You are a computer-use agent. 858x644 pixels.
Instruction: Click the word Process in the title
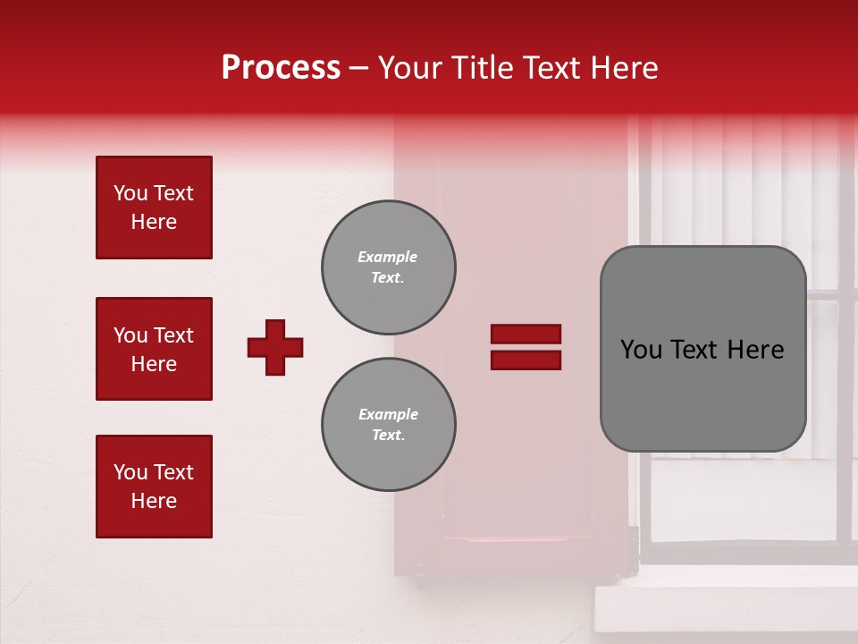[x=281, y=68]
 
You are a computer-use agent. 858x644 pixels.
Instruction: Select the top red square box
[x=154, y=208]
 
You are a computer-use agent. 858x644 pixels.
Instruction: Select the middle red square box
[x=154, y=349]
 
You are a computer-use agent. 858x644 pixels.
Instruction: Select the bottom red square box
[x=154, y=487]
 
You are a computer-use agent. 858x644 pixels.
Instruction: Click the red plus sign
[x=275, y=347]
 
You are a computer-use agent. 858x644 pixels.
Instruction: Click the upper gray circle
[x=389, y=267]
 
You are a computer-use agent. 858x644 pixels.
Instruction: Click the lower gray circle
[x=389, y=425]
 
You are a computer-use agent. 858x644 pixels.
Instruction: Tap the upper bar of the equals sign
[x=526, y=335]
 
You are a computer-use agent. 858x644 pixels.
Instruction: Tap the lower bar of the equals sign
[x=526, y=360]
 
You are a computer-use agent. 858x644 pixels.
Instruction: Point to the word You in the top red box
[x=130, y=193]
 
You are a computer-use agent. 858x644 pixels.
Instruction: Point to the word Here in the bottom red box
[x=154, y=501]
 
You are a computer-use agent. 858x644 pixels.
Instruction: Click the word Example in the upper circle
[x=387, y=257]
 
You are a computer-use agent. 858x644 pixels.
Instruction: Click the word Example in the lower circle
[x=388, y=414]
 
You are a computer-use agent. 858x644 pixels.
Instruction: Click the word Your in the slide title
[x=408, y=68]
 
